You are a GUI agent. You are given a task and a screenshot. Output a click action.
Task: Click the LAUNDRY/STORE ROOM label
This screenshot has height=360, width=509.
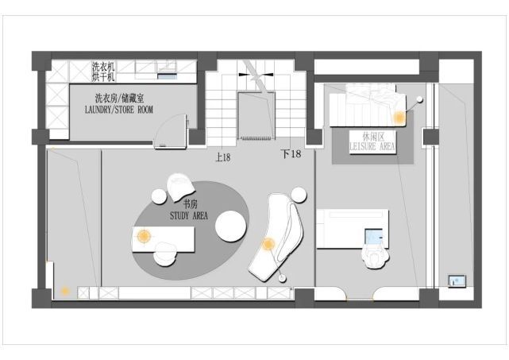(x=119, y=110)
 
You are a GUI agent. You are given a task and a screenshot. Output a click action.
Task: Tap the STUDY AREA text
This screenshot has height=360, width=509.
(x=189, y=215)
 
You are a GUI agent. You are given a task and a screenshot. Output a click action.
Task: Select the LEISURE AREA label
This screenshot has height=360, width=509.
(x=372, y=146)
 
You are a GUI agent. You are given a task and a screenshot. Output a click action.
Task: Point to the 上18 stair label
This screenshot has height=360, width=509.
(x=223, y=157)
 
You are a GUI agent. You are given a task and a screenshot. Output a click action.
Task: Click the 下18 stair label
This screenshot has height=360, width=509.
(x=291, y=153)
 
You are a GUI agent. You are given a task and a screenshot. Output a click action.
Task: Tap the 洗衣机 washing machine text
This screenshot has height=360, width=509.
(x=103, y=68)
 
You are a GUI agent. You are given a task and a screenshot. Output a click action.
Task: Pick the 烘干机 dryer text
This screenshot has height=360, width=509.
(x=103, y=77)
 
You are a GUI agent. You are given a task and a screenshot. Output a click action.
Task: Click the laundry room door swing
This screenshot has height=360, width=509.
(x=169, y=131)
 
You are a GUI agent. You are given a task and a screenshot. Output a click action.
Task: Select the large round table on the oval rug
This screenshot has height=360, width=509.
(x=231, y=226)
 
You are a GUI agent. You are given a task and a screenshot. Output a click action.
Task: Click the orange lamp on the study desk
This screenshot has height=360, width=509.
(x=145, y=236)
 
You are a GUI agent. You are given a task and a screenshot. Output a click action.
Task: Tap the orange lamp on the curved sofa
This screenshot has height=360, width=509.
(x=268, y=244)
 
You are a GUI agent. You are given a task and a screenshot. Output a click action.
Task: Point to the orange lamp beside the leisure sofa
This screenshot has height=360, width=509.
(x=399, y=118)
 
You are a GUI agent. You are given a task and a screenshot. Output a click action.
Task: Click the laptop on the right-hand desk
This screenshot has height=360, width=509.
(x=374, y=236)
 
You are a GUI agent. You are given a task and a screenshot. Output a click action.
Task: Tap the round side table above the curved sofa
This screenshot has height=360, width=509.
(x=299, y=195)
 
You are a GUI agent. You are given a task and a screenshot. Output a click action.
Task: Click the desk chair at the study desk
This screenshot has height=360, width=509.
(x=165, y=254)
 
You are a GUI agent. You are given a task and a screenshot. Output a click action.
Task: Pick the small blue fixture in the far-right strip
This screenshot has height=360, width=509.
(x=457, y=281)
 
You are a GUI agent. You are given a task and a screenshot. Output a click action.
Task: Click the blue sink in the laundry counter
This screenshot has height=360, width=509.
(x=168, y=76)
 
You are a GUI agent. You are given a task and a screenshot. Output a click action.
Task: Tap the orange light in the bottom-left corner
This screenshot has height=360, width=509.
(x=65, y=291)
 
